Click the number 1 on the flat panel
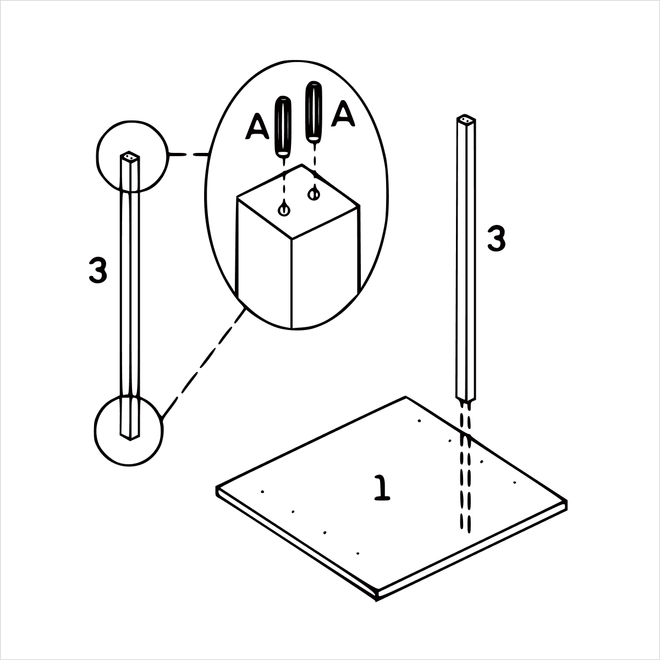pos(382,488)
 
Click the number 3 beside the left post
pos(98,270)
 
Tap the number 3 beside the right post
pos(496,239)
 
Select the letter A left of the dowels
pos(257,127)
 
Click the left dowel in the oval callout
pos(283,127)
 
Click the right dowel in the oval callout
pos(313,112)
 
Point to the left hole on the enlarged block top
pos(284,210)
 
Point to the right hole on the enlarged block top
pos(313,194)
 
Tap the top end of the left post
pos(130,157)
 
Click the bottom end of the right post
pos(466,398)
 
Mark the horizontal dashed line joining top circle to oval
pos(189,155)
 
